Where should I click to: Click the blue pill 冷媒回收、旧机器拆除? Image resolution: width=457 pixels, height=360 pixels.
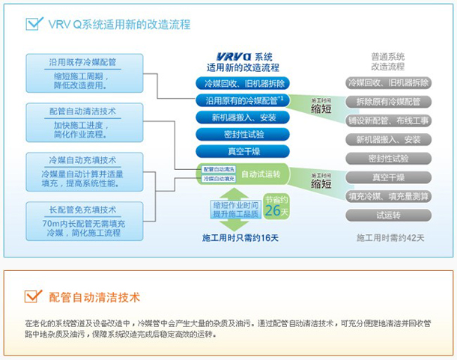point(238,83)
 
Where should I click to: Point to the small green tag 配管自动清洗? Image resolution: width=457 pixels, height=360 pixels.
point(220,169)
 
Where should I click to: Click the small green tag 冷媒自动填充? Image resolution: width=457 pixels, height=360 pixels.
point(220,179)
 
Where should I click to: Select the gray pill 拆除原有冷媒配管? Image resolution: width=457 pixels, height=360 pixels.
point(388,101)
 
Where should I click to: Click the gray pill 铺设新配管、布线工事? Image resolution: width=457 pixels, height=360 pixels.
point(388,120)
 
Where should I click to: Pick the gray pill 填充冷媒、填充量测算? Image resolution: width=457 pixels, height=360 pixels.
point(388,196)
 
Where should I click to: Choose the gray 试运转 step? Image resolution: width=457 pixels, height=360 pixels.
point(388,215)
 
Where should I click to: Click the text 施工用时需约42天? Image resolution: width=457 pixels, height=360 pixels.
point(389,237)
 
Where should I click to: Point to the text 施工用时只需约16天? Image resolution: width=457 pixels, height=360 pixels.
point(240,238)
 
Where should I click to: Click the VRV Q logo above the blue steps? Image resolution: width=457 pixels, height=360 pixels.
point(228,57)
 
